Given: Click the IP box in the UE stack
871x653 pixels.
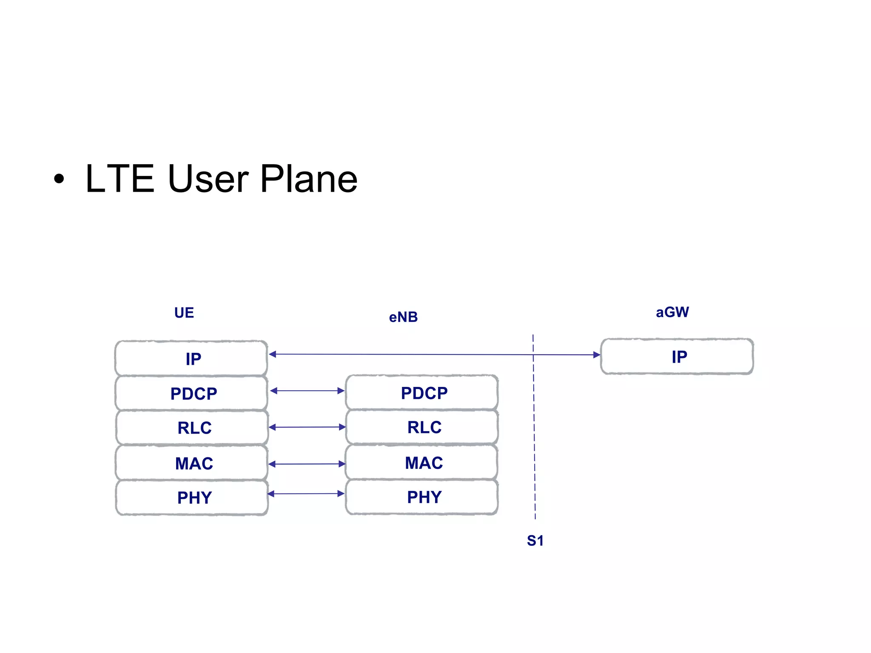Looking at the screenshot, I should (x=191, y=358).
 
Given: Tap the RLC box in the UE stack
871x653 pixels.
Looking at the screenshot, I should (x=192, y=428).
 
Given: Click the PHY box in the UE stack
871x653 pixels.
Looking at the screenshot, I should (x=192, y=497).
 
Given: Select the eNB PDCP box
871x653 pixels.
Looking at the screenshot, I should (x=422, y=392).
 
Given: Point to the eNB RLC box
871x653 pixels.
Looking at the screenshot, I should (x=422, y=427).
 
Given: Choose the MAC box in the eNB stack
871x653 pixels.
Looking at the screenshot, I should (x=422, y=463).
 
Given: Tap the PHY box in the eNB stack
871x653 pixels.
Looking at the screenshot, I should (x=422, y=497).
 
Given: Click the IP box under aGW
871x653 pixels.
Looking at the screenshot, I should (x=677, y=357).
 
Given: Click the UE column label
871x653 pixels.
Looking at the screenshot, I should (x=184, y=313).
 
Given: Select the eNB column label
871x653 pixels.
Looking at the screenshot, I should (x=403, y=317).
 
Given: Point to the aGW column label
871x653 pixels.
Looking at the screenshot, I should (x=672, y=312).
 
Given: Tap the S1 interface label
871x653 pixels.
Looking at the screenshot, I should (x=535, y=541).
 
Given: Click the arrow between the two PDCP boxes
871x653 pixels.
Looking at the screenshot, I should (x=307, y=391).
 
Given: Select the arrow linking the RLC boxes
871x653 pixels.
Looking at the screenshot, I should (x=307, y=427).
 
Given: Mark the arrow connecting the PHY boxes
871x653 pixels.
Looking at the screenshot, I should (x=306, y=494).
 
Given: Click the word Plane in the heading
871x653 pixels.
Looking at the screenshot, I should (x=309, y=179).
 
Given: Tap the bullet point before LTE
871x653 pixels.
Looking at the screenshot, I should (x=59, y=179).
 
